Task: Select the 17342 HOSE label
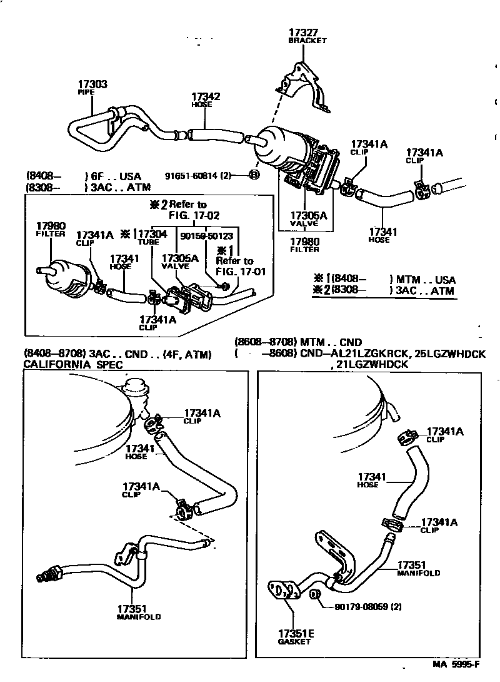[x=206, y=99]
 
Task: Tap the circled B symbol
[x=254, y=176]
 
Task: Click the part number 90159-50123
[x=206, y=236]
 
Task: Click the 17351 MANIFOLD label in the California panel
[x=138, y=611]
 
